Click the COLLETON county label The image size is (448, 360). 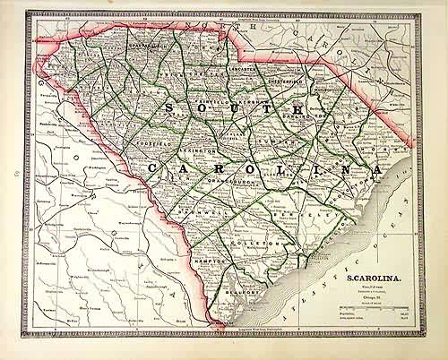click(260, 244)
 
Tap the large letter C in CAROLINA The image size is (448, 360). click(156, 167)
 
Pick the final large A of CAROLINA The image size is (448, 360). click(377, 169)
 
